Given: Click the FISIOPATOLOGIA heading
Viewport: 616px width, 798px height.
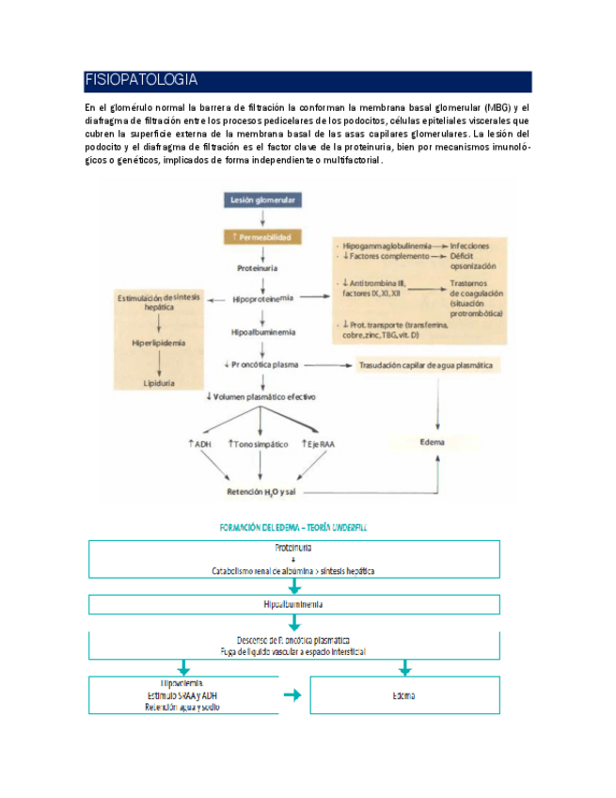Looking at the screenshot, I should coord(141,81).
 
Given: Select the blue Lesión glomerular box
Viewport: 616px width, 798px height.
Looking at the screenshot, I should coord(266,199).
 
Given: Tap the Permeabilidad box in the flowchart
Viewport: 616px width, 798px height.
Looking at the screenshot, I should coord(263,237).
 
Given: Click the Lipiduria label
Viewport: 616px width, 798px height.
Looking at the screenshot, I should coord(158,384).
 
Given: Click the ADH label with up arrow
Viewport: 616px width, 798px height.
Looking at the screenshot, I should coord(200,443).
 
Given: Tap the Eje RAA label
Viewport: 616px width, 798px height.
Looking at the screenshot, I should coord(316,443).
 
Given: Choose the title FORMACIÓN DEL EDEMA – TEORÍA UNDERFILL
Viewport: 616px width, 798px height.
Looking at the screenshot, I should coord(292,528).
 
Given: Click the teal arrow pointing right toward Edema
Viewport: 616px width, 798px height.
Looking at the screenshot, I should coord(293,695).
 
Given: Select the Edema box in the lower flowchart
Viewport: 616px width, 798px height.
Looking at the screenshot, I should coord(405,696).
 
